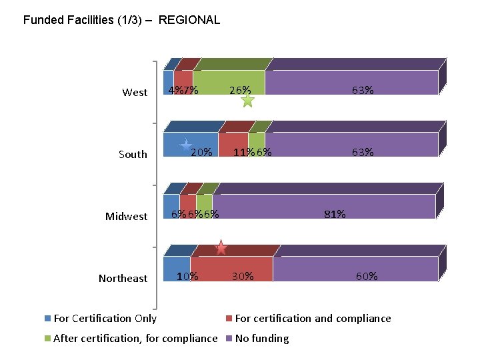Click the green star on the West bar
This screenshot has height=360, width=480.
[x=247, y=101]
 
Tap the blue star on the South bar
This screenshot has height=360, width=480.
[x=187, y=146]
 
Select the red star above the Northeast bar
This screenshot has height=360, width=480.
[x=221, y=248]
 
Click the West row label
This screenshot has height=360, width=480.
[x=135, y=93]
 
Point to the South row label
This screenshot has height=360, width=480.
[x=133, y=155]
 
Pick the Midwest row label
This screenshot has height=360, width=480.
[x=126, y=217]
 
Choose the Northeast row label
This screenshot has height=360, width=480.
[x=123, y=279]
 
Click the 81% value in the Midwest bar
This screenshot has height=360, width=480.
[x=334, y=214]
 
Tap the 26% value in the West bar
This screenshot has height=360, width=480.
[x=240, y=90]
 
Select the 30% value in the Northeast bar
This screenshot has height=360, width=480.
[x=243, y=276]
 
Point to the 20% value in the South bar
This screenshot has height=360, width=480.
[x=201, y=152]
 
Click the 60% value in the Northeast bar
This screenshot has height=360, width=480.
[x=367, y=276]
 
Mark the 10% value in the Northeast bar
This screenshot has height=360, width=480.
[x=187, y=276]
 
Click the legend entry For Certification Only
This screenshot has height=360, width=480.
[x=105, y=319]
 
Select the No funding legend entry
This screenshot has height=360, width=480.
[x=262, y=339]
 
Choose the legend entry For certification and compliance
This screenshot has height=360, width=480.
[x=313, y=319]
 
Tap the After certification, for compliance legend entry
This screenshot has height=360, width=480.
[x=135, y=339]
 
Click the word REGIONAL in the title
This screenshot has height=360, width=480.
[x=189, y=20]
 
